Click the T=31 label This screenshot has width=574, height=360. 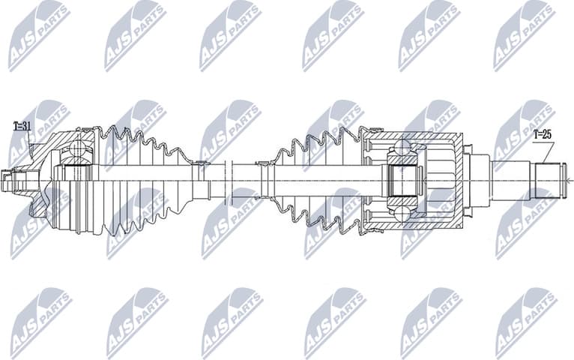click(x=22, y=126)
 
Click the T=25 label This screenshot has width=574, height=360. click(x=542, y=135)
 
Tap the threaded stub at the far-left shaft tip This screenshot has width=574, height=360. click(x=7, y=180)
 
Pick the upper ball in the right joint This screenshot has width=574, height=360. click(x=402, y=147)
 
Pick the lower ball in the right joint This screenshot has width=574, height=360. click(x=402, y=214)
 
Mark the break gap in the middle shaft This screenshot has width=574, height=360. click(x=229, y=180)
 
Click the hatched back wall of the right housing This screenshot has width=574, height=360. click(x=457, y=180)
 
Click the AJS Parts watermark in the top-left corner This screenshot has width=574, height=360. click(x=39, y=34)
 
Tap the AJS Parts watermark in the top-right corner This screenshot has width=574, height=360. click(x=525, y=34)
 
